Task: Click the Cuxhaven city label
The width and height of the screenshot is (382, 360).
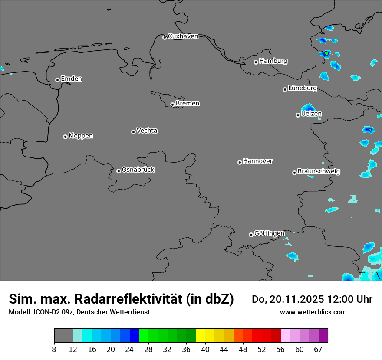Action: tap(183, 36)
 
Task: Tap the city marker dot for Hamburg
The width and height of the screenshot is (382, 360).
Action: tap(256, 62)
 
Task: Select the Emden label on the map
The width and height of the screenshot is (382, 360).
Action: tap(71, 79)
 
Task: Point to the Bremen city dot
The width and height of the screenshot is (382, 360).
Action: tap(172, 105)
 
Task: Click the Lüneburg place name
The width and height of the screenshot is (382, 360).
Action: tap(303, 88)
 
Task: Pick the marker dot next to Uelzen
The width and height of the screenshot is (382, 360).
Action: tap(298, 115)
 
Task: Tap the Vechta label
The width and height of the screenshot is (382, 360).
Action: tap(147, 131)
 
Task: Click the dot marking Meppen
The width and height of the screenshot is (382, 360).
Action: tap(65, 137)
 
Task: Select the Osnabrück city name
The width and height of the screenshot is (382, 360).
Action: tap(138, 170)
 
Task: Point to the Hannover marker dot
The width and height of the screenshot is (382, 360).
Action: tap(240, 162)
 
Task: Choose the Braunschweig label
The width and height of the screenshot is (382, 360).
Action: tap(319, 172)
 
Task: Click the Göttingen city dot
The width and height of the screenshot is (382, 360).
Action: tap(251, 235)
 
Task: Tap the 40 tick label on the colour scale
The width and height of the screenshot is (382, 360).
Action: tap(205, 350)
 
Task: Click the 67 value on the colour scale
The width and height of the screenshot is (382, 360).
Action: tap(318, 350)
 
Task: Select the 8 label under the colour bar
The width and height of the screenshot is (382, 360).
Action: tap(54, 350)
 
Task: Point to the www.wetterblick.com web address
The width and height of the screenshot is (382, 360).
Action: tap(313, 312)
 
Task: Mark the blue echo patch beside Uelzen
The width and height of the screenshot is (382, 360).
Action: tap(308, 108)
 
